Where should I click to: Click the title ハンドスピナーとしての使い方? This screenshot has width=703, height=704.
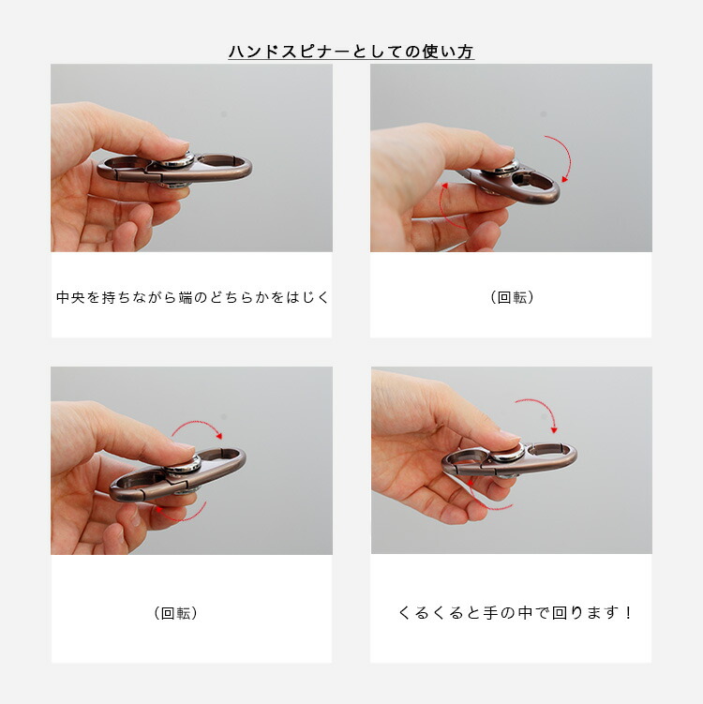[351, 52]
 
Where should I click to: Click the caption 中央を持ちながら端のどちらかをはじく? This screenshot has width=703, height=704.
[192, 297]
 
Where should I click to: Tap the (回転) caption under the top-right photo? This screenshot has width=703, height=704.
[512, 297]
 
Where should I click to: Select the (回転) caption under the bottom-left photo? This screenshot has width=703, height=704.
[175, 613]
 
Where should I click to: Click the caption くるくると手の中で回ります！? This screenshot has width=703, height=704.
[515, 612]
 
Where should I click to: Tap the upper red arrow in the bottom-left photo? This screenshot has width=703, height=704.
[198, 423]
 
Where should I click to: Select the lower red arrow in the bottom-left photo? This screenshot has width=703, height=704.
[181, 517]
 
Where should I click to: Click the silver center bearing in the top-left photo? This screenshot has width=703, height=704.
[176, 161]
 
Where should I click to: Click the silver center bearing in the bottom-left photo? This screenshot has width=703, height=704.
[184, 464]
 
